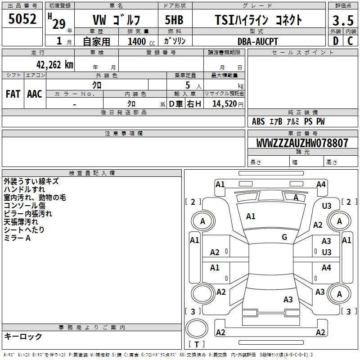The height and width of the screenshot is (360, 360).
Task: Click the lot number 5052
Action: (22, 19)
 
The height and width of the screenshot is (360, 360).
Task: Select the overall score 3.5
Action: (343, 21)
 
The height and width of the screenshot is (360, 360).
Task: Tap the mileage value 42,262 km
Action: (55, 65)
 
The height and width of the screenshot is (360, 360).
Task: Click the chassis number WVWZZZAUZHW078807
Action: (302, 143)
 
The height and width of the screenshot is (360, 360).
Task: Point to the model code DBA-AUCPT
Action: (258, 41)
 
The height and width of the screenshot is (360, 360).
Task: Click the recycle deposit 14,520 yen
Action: (228, 104)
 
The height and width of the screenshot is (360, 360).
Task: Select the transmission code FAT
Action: (13, 94)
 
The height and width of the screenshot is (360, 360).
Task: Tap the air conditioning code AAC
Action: (35, 94)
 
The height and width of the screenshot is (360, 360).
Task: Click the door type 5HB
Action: (174, 20)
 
